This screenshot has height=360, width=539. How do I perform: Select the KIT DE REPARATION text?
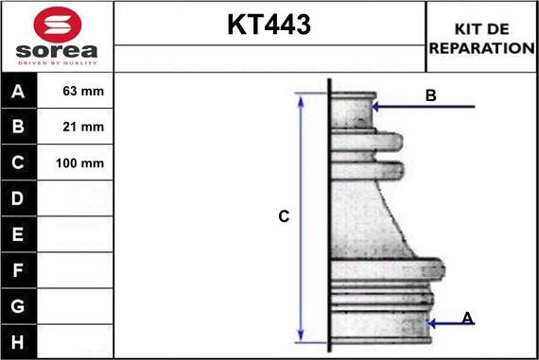point(482,38)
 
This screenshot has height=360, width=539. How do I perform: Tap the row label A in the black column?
point(19,92)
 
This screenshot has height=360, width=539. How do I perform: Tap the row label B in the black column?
point(19,127)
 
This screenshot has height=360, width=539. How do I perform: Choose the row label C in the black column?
point(19,163)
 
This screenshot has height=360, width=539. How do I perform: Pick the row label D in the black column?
point(19,198)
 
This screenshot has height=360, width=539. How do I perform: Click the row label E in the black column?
point(19,234)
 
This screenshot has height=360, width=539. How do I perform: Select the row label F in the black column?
point(19,270)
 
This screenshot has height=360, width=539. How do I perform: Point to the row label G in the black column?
point(19,306)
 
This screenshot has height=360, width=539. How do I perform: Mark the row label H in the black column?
point(19,341)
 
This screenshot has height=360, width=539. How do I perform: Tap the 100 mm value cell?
point(79,163)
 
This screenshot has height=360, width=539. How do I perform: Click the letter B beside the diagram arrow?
point(431,95)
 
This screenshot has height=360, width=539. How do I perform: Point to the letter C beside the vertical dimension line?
point(283,217)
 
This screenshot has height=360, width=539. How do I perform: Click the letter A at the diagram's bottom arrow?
point(467,319)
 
